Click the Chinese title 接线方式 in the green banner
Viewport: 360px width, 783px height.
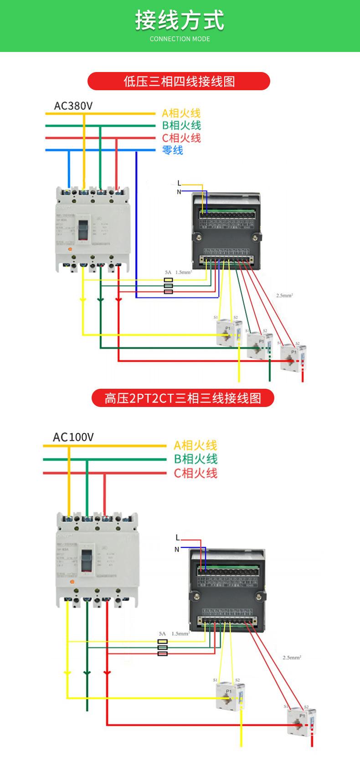180,21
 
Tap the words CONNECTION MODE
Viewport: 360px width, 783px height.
180,39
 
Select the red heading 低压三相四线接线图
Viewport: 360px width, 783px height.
179,81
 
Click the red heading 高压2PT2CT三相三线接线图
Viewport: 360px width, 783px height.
183,398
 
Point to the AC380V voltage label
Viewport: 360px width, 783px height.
73,106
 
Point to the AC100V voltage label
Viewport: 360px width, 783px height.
73,437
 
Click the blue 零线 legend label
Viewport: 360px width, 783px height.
173,150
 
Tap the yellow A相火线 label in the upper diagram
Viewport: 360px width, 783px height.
181,113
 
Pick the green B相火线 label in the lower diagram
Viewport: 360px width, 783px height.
195,459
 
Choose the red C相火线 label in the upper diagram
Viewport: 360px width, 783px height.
181,138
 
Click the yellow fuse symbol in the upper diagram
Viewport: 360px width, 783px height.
168,279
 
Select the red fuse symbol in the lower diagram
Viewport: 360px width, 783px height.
163,654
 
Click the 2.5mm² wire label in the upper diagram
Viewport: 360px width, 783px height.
284,295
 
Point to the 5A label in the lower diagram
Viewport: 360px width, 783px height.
162,634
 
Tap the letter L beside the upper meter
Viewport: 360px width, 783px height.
179,183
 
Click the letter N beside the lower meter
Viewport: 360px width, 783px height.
177,549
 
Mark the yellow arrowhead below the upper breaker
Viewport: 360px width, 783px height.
82,299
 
